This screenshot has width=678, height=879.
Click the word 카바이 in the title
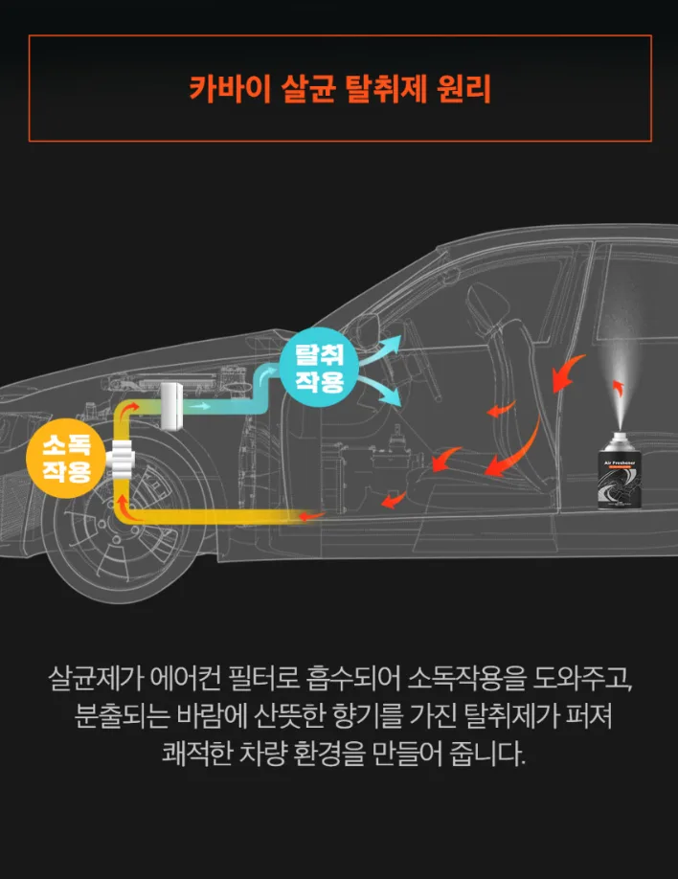(x=230, y=89)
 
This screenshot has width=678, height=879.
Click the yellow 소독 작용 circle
(x=67, y=459)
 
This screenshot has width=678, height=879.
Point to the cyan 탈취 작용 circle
(x=320, y=368)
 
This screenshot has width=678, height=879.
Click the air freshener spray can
(x=620, y=471)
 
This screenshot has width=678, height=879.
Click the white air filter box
(x=171, y=406)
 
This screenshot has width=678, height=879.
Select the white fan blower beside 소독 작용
(x=121, y=459)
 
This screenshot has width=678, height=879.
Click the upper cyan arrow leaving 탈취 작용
(x=381, y=349)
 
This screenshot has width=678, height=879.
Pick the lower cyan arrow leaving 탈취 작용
(x=380, y=390)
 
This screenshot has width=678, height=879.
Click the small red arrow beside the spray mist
(x=618, y=388)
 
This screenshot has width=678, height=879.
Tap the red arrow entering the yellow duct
(x=310, y=515)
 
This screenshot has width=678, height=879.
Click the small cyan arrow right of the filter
(x=199, y=406)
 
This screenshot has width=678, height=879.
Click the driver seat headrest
(x=486, y=303)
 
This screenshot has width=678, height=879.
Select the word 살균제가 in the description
(x=96, y=679)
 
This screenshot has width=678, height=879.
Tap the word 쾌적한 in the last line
(x=197, y=754)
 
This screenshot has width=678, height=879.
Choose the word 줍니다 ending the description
(x=487, y=754)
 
